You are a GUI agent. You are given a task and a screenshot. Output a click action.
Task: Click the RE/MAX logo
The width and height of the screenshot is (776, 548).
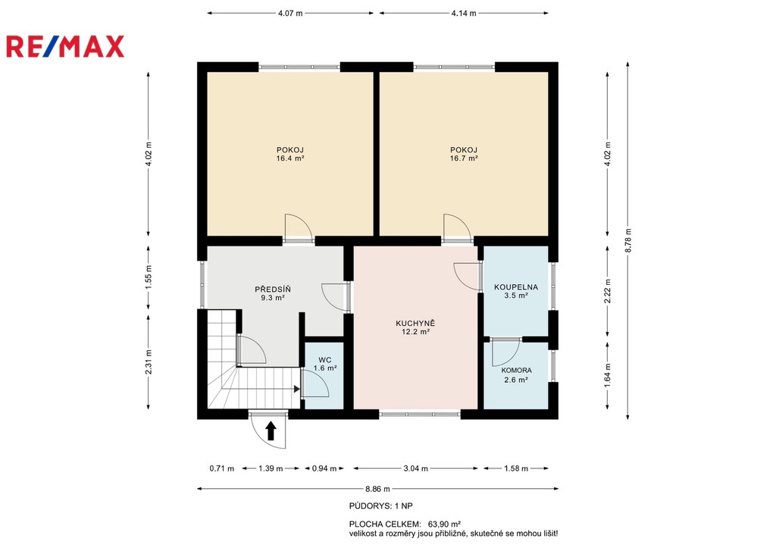pos(65,46)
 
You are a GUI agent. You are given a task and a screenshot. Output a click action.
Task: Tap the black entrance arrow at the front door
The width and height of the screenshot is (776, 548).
pos(271,431)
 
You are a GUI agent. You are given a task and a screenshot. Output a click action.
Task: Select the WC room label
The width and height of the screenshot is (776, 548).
pos(324,360)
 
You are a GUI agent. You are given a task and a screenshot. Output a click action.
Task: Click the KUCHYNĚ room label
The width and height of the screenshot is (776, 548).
pos(415,323)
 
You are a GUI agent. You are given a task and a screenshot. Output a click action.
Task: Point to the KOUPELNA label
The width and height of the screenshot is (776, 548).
pos(515,287)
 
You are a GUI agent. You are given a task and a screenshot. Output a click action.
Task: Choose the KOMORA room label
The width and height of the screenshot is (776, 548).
pos(516,371)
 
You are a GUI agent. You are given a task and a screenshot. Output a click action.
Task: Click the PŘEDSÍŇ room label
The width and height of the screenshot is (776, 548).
pos(273,289)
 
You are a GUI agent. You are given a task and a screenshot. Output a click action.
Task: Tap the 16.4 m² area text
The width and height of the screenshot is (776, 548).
pos(290,158)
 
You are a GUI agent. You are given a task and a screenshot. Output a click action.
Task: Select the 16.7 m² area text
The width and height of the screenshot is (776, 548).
pos(464,158)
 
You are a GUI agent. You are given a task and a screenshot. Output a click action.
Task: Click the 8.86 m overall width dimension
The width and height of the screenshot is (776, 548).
pos(377,489)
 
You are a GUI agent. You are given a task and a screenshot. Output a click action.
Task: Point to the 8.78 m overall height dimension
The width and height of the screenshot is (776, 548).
pos(628,240)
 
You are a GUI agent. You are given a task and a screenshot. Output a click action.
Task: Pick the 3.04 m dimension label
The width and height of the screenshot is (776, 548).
pos(416,468)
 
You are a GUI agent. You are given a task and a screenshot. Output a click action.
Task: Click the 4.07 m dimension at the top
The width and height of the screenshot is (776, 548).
pos(290,14)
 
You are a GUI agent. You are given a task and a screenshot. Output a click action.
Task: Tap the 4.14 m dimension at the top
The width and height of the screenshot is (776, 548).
pos(464,14)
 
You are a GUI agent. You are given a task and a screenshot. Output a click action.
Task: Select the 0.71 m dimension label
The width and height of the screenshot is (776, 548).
pos(222,468)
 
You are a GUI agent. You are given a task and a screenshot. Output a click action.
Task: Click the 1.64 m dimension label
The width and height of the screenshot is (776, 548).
pos(608,375)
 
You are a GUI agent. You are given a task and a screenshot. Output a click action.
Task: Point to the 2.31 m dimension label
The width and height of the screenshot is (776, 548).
pos(149,362)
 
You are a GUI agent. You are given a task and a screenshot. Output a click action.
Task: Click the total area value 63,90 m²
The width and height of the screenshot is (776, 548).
pos(444,524)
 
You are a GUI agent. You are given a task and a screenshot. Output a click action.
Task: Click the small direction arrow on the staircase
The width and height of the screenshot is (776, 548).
pos(297,389)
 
